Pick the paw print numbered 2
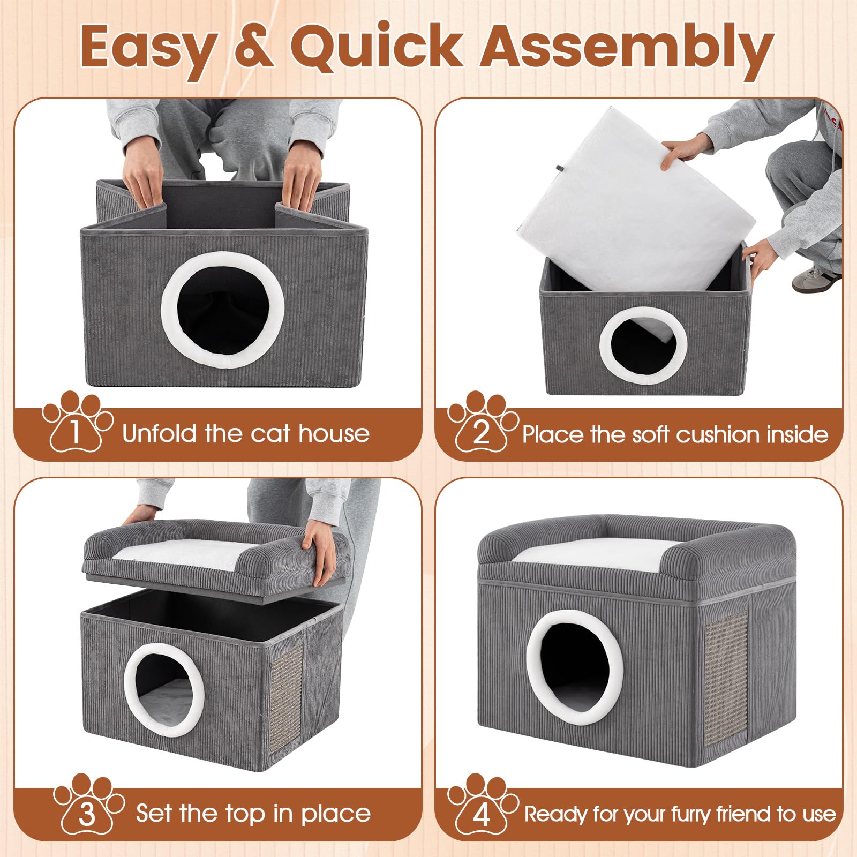click(482, 423)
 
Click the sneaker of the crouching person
click(816, 279)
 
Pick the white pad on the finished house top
click(589, 555)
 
